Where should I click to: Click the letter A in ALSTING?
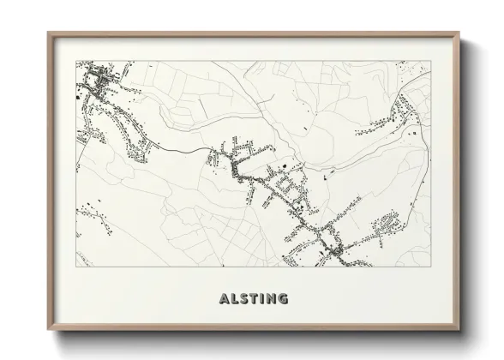[x=225, y=299]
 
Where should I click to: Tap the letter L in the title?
[x=234, y=299]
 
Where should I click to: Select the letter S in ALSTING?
[x=243, y=299]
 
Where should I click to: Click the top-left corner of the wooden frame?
[x=48, y=33]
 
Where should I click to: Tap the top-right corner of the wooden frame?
[x=459, y=33]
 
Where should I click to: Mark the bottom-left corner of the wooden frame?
[x=48, y=329]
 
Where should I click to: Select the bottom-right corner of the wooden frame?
[x=459, y=329]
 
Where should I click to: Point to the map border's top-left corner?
[x=76, y=61]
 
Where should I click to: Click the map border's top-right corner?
[x=429, y=61]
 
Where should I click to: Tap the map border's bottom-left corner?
[x=76, y=267]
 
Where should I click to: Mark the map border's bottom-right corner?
[x=429, y=267]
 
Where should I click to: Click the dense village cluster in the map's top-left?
[x=99, y=83]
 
